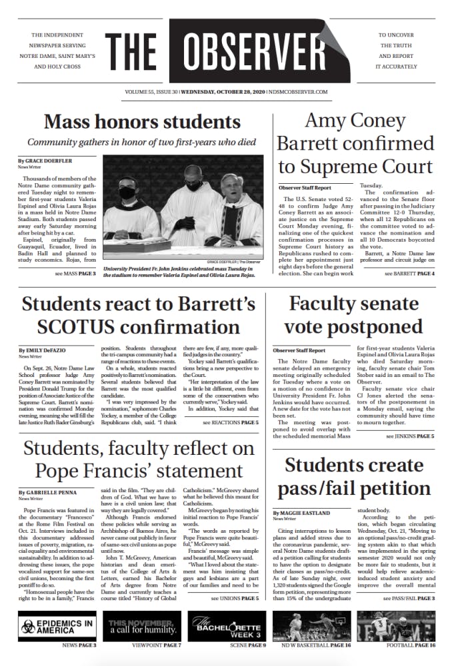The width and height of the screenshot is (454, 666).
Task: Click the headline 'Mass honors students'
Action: click(x=142, y=122)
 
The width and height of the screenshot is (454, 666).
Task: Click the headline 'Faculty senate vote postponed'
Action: click(x=355, y=315)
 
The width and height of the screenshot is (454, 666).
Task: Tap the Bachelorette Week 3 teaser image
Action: click(x=227, y=625)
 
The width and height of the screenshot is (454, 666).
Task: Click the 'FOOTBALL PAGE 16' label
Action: click(x=410, y=646)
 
